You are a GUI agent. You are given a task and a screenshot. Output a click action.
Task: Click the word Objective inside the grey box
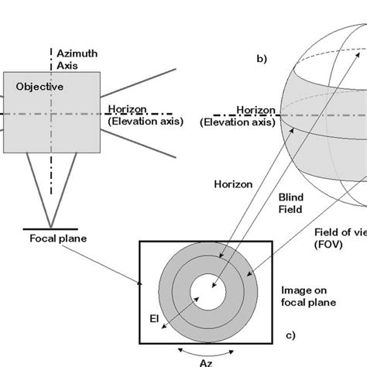click(36, 88)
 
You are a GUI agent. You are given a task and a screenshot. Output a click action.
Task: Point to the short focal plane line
click(53, 230)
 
